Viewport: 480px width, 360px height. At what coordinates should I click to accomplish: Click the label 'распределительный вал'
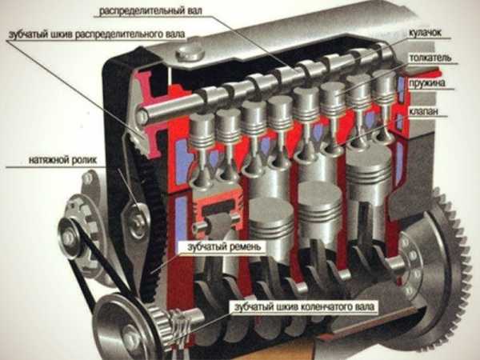coord(150,11)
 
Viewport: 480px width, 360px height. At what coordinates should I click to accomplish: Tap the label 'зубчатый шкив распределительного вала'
coord(97,34)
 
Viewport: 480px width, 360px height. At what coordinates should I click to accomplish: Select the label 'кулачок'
coord(425,33)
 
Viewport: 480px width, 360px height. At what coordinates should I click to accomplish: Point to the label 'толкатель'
coord(430,58)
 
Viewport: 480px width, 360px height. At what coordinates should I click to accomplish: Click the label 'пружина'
coord(427,83)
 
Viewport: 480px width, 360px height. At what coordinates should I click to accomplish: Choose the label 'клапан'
coord(423,111)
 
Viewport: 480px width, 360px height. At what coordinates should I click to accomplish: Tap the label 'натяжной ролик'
coord(62,160)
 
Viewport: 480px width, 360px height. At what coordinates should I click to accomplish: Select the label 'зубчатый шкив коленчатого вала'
coord(304,306)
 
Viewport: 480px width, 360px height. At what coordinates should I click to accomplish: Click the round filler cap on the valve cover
coord(190,53)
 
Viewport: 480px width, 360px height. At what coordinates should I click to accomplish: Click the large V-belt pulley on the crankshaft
coord(126,329)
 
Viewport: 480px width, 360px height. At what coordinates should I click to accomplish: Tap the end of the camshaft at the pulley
coord(142,116)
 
